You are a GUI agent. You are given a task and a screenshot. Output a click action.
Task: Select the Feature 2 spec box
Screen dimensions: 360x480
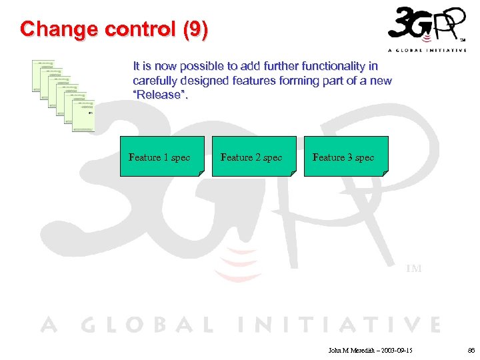tap(251, 157)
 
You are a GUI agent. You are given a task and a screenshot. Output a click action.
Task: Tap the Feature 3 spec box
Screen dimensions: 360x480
tap(343, 157)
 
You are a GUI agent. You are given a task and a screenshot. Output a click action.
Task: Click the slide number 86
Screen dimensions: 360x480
tap(471, 349)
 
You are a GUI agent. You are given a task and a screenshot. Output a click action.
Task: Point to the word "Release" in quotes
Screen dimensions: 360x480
tap(161, 95)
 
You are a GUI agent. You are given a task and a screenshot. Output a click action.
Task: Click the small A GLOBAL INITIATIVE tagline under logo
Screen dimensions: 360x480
tap(427, 51)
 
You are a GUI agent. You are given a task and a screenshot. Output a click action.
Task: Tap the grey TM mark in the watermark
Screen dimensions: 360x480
tap(413, 269)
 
